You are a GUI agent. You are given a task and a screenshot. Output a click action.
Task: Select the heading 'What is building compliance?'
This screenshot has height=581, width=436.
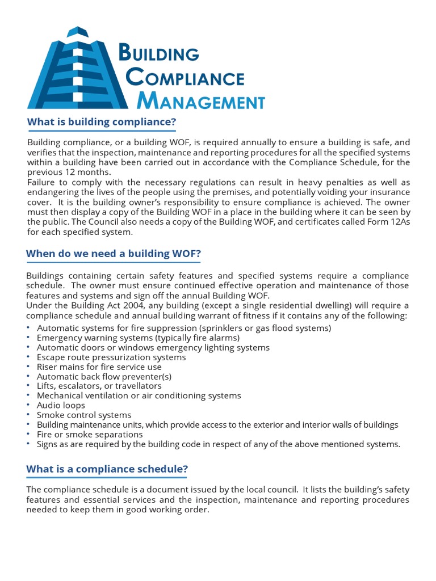102,122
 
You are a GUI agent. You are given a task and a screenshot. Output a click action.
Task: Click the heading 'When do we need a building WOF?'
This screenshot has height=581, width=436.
114,254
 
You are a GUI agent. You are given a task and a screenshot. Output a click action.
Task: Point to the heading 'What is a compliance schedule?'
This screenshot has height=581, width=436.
107,469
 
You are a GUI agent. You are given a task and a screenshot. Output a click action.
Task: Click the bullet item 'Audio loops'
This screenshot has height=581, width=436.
61,405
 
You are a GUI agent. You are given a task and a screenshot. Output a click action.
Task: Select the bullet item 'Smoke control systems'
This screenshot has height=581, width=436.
84,415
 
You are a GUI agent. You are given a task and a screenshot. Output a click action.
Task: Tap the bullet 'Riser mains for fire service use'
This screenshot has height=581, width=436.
99,367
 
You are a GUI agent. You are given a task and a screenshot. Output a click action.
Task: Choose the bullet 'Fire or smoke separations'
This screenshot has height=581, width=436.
90,434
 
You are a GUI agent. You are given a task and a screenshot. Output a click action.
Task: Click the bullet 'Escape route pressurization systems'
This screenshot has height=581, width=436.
111,357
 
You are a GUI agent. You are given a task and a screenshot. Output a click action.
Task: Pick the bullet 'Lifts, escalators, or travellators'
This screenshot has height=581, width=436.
99,386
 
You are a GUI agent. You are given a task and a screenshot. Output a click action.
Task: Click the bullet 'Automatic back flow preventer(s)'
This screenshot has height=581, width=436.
104,376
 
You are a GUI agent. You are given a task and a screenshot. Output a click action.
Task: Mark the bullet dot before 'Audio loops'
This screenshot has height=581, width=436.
29,405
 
